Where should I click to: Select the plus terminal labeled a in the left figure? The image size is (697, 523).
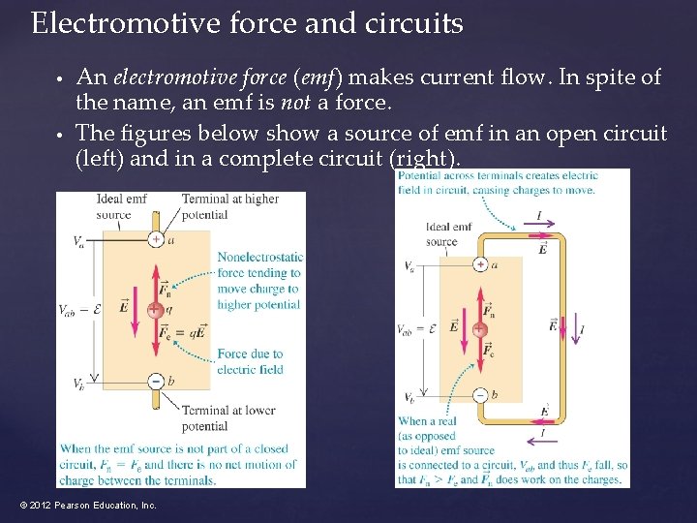(x=155, y=239)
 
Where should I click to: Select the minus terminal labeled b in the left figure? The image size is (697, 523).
(x=155, y=381)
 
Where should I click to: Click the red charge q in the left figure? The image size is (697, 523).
(x=155, y=310)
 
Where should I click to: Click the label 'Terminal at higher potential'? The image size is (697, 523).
(x=229, y=206)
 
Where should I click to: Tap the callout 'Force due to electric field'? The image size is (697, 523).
(x=250, y=361)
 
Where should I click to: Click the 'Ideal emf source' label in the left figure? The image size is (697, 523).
(x=121, y=206)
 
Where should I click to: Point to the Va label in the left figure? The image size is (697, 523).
(x=77, y=241)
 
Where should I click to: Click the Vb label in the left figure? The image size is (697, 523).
(x=77, y=385)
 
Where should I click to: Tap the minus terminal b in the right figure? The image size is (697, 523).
(x=480, y=394)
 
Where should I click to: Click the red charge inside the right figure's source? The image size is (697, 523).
(x=479, y=330)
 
